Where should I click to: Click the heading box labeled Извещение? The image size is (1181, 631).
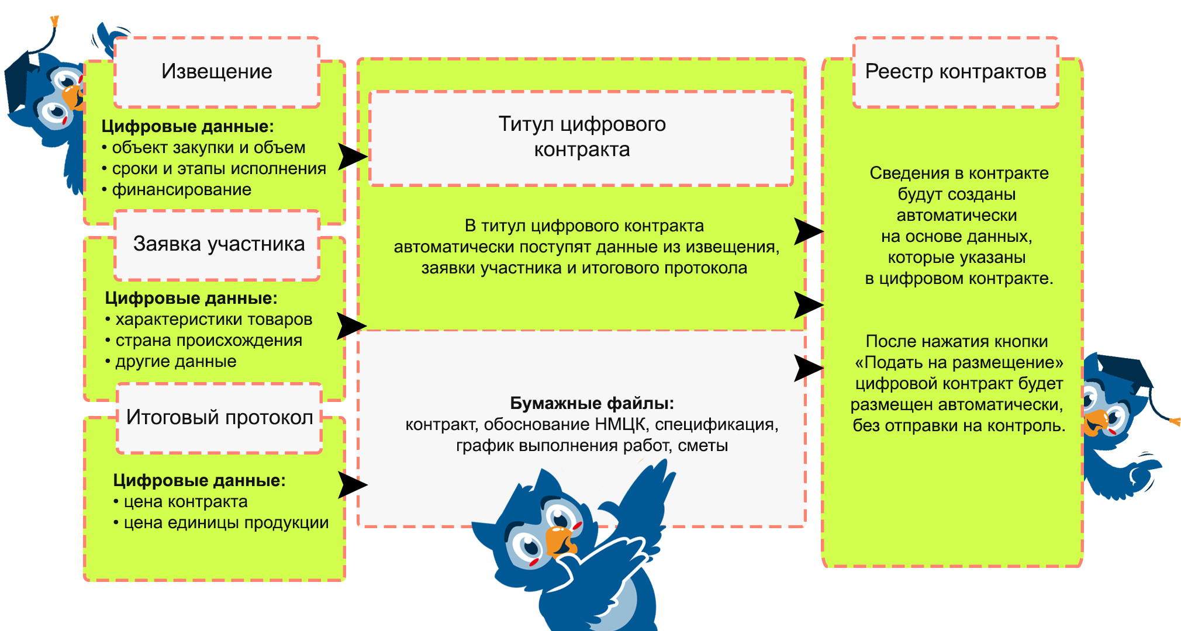(x=216, y=72)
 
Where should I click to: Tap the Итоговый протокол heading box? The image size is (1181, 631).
(x=219, y=417)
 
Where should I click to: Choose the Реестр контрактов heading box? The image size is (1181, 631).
(x=955, y=72)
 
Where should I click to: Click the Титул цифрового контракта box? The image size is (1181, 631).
(x=581, y=137)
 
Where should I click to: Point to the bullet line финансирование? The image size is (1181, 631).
(x=181, y=190)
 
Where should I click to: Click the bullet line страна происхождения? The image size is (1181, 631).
(x=208, y=341)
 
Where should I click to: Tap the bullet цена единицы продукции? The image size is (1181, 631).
(x=226, y=523)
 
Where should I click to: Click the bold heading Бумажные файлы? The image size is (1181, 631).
(x=592, y=403)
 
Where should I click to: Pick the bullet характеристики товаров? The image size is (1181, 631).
(x=213, y=320)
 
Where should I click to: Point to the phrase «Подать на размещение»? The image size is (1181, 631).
(x=959, y=363)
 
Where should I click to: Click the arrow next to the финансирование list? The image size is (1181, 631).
(x=353, y=157)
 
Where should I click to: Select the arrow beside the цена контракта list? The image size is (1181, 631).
(x=353, y=485)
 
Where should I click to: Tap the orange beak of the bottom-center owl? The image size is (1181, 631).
(x=560, y=541)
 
